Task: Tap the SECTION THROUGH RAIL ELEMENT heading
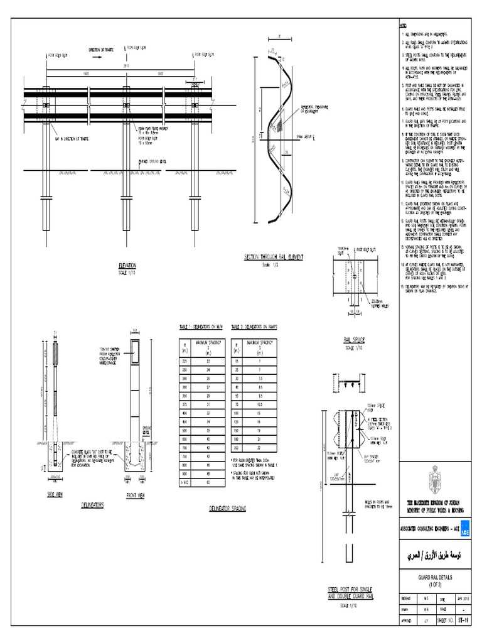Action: [273, 258]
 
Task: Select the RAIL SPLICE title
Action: [353, 339]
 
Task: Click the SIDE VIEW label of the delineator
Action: [56, 495]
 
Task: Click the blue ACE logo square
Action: [465, 531]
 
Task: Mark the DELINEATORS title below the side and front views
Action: [94, 504]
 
